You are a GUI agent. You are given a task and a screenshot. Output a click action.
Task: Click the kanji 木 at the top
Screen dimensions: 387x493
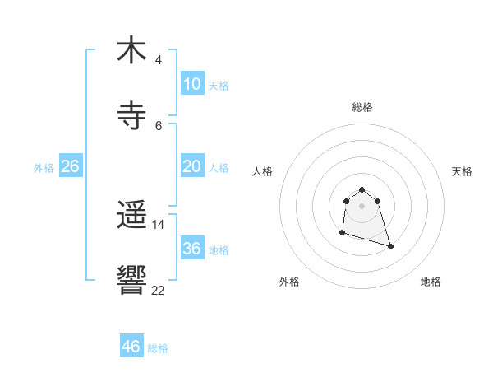131,50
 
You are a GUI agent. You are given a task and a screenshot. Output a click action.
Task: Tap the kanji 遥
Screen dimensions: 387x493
131,216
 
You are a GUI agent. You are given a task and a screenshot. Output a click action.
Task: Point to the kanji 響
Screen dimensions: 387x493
131,280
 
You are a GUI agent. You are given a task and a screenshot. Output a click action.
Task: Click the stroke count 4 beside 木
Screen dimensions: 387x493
159,60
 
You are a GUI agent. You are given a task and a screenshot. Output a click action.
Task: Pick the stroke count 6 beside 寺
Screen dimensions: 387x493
159,125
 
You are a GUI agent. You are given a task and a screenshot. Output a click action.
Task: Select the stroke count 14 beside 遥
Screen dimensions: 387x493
159,225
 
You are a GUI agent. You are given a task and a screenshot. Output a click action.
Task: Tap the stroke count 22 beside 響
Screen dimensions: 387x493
159,290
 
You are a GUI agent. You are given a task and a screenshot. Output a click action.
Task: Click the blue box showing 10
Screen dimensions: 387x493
192,84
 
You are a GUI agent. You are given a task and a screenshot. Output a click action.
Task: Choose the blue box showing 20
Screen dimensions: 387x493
192,166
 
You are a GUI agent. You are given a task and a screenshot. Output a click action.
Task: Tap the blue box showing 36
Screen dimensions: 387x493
192,249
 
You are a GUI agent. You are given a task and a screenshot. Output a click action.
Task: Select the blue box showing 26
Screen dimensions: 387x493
70,166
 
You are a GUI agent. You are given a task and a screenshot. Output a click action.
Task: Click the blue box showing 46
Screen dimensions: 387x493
131,347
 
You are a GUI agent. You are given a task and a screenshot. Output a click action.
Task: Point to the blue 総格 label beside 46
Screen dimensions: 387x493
158,348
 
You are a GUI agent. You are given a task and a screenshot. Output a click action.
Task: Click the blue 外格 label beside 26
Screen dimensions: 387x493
44,168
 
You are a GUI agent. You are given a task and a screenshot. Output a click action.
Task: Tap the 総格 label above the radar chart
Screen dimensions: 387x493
362,107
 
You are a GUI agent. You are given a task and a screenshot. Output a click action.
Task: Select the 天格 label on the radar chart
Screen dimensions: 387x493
462,171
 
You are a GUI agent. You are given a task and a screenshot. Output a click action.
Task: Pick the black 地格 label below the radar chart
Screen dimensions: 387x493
431,282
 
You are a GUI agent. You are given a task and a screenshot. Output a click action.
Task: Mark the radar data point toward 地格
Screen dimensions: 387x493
390,246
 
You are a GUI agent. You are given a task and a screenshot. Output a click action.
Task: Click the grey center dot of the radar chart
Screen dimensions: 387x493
362,205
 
